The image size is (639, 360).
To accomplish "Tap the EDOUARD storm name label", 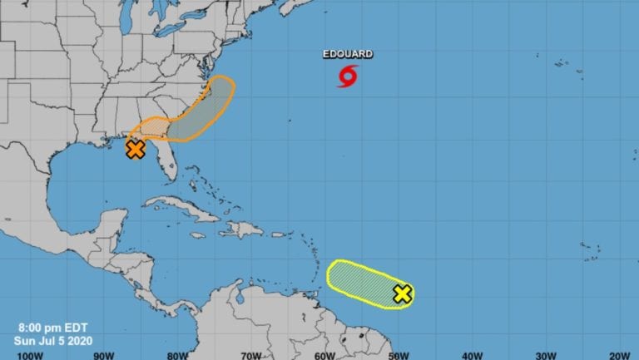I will point(348,54).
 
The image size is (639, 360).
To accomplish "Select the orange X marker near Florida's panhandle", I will point(136,149).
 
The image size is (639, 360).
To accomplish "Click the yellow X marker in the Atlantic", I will point(402,293).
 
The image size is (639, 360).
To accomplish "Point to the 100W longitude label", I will point(30,354).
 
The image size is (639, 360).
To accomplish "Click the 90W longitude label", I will point(103,354).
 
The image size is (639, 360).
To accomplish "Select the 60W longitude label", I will point(324,354).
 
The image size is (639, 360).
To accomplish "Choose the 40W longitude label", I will point(471,354).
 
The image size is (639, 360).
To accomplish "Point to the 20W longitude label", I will point(617,354).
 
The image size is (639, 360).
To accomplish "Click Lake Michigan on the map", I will point(126,17).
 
